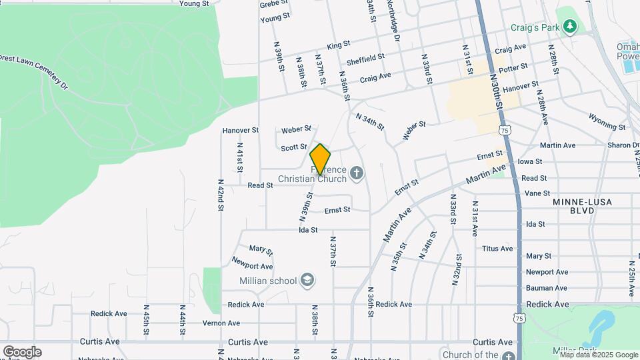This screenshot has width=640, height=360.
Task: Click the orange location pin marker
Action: [x=320, y=159]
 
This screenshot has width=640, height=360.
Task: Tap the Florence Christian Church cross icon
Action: [x=357, y=174]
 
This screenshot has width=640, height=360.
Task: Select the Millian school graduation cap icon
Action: [x=307, y=280]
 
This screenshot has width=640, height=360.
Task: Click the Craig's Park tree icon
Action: [x=569, y=27]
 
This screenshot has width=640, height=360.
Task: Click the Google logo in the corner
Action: [x=22, y=352]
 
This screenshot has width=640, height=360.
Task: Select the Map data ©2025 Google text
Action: [x=599, y=355]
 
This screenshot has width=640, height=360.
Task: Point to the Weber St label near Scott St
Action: [x=297, y=129]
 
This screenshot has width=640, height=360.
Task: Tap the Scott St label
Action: [x=293, y=147]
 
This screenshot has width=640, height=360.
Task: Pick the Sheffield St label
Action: [x=366, y=58]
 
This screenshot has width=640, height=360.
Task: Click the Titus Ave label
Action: [x=497, y=249]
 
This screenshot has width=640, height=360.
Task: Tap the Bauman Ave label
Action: [x=547, y=288]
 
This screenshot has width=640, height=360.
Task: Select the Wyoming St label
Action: [x=607, y=122]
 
